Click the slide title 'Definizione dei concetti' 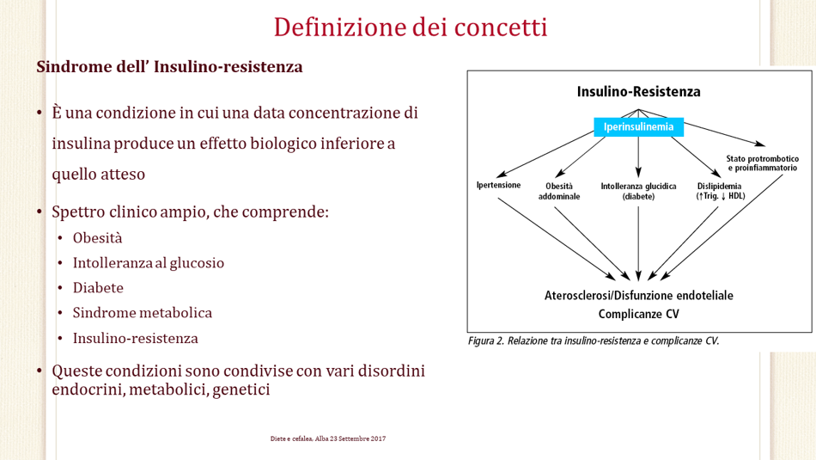click(x=411, y=28)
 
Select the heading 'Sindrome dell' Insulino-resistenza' click(x=170, y=67)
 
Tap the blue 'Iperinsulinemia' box click(x=638, y=127)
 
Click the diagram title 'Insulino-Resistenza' click(x=638, y=92)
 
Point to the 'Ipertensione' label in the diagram click(x=498, y=185)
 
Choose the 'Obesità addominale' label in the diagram click(x=559, y=191)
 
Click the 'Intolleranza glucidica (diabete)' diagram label click(x=638, y=191)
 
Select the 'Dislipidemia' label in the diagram click(x=720, y=186)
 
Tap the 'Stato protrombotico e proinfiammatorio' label click(x=763, y=163)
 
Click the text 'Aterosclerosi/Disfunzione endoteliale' click(x=638, y=296)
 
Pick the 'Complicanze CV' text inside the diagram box click(x=638, y=314)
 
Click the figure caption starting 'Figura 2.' click(x=594, y=341)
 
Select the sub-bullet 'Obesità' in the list click(x=97, y=238)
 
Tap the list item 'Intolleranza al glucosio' click(x=149, y=263)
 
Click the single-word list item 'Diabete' click(x=98, y=288)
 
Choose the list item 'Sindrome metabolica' click(x=142, y=313)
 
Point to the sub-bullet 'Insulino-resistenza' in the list click(x=136, y=339)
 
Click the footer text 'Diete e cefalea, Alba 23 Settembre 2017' click(x=328, y=439)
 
